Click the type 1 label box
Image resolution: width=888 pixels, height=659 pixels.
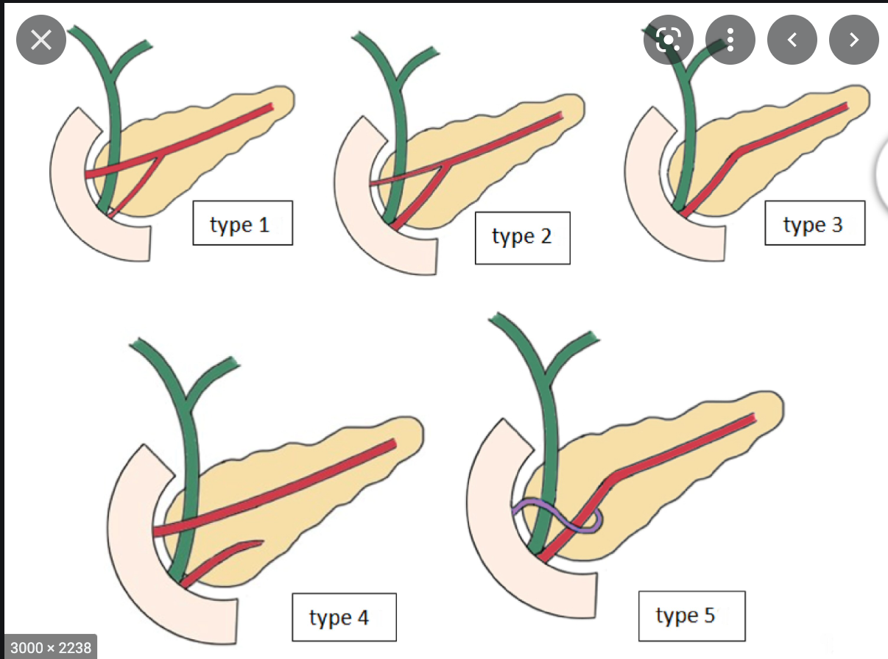242,223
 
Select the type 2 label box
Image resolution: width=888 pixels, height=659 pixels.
522,237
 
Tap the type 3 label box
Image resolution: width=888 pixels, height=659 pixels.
814,223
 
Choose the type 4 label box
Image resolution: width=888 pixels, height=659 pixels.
344,616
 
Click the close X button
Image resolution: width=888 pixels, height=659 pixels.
41,39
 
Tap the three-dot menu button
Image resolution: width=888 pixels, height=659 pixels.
730,39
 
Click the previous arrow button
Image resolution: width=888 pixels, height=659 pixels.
792,39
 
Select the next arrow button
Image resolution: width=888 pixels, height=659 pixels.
854,39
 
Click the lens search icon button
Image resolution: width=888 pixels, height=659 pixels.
668,39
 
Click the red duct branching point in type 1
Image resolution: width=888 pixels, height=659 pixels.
161,154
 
